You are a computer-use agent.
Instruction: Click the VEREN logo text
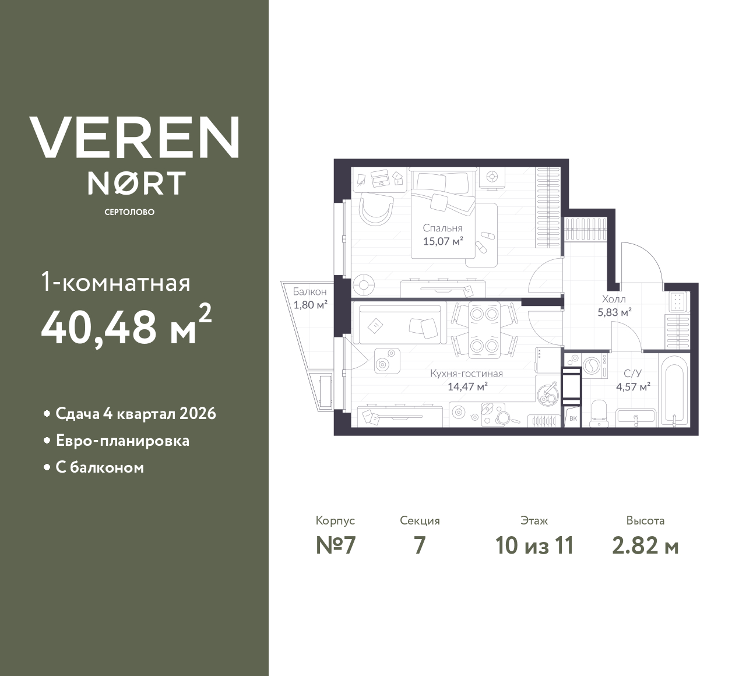(135, 137)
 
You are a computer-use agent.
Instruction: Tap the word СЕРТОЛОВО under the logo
(129, 212)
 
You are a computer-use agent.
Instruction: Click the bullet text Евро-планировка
(122, 441)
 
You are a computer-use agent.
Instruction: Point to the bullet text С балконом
(100, 467)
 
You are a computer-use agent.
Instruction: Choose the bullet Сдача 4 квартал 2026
(136, 414)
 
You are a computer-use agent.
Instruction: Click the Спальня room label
(442, 228)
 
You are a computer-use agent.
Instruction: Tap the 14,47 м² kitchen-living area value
(467, 386)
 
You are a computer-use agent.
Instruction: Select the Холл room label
(614, 299)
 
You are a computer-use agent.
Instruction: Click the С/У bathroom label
(632, 374)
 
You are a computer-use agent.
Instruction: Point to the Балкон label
(309, 291)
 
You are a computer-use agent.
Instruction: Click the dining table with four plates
(484, 330)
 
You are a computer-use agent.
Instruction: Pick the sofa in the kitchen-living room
(402, 323)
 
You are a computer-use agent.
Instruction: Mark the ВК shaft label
(572, 418)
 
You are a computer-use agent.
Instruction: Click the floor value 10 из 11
(534, 545)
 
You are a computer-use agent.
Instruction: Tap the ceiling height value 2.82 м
(645, 545)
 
